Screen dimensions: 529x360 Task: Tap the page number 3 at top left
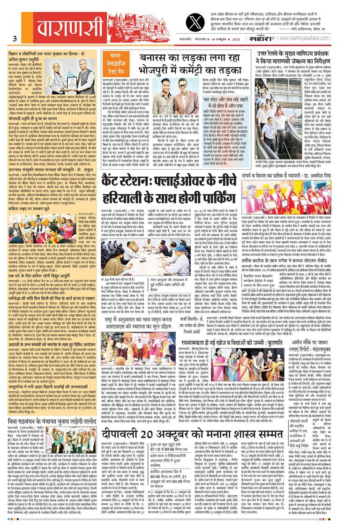pos(15,38)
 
